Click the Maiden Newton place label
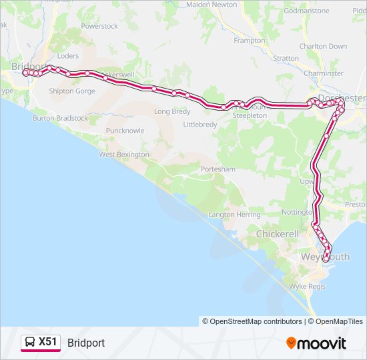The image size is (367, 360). coord(212,4)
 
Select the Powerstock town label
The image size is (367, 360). coord(99,26)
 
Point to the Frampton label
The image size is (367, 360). coord(250,41)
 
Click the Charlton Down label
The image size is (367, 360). coord(323,47)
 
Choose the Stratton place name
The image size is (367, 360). coord(286,59)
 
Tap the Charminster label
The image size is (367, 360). coord(323,73)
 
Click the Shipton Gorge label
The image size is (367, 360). coord(72,91)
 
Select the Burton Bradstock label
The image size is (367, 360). coord(60,118)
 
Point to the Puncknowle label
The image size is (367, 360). coord(125,131)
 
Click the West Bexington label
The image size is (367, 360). coord(124,155)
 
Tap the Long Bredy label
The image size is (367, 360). coord(172,112)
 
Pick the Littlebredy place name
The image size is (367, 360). coord(200,125)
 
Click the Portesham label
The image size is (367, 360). coord(218,169)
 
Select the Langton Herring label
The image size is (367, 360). coord(234,215)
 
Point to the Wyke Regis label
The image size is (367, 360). coord(307,286)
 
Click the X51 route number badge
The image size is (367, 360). coord(48,343)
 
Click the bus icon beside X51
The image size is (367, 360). coord(30,343)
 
